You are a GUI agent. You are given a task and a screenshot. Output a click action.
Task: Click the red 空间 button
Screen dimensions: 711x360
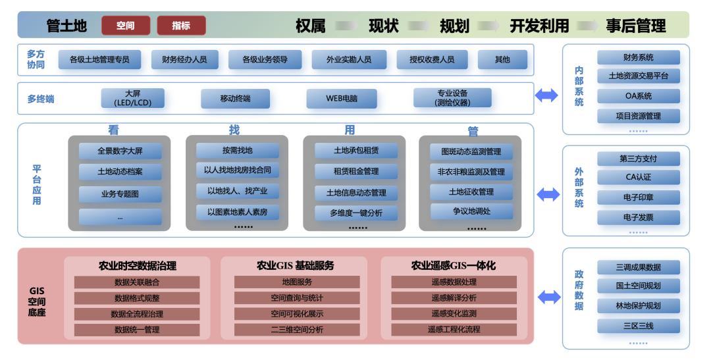click(x=126, y=26)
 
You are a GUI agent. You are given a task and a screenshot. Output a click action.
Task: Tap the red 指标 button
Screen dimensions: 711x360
click(x=182, y=26)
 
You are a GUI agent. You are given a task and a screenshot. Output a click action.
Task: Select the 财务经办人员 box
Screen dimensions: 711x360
click(x=184, y=59)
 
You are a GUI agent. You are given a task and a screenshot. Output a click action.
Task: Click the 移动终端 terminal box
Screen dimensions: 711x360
click(x=235, y=98)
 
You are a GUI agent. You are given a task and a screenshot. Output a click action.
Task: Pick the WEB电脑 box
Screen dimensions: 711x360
click(x=342, y=98)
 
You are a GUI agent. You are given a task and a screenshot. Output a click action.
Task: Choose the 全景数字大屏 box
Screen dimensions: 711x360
click(x=120, y=151)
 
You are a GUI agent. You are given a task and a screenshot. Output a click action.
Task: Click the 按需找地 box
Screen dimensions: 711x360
click(x=238, y=150)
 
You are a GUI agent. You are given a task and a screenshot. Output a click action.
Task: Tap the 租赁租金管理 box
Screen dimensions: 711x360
click(x=356, y=171)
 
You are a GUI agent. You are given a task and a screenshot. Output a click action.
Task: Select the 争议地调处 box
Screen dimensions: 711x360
click(x=471, y=211)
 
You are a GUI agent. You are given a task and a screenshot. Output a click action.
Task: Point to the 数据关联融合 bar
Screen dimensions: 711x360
click(x=137, y=282)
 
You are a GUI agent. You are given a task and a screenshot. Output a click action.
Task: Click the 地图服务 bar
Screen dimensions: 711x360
click(x=297, y=282)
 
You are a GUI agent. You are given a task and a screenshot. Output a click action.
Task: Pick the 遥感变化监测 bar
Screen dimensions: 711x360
click(x=454, y=313)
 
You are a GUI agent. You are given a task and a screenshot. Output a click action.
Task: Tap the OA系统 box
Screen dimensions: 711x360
click(x=639, y=96)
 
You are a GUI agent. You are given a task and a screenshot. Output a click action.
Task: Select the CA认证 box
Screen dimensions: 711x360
click(x=639, y=177)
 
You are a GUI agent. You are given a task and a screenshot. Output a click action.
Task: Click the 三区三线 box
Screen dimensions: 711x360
click(x=639, y=326)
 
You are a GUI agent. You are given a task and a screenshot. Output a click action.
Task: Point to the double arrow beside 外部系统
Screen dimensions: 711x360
click(x=548, y=195)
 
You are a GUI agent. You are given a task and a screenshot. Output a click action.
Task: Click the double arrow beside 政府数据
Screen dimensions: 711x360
click(x=549, y=297)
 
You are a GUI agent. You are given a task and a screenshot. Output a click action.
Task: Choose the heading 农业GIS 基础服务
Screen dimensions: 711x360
click(x=296, y=266)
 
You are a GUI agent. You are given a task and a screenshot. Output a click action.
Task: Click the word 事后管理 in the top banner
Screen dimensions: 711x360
click(x=636, y=26)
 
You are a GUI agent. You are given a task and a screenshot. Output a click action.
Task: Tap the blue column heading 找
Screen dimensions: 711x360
click(x=234, y=130)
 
